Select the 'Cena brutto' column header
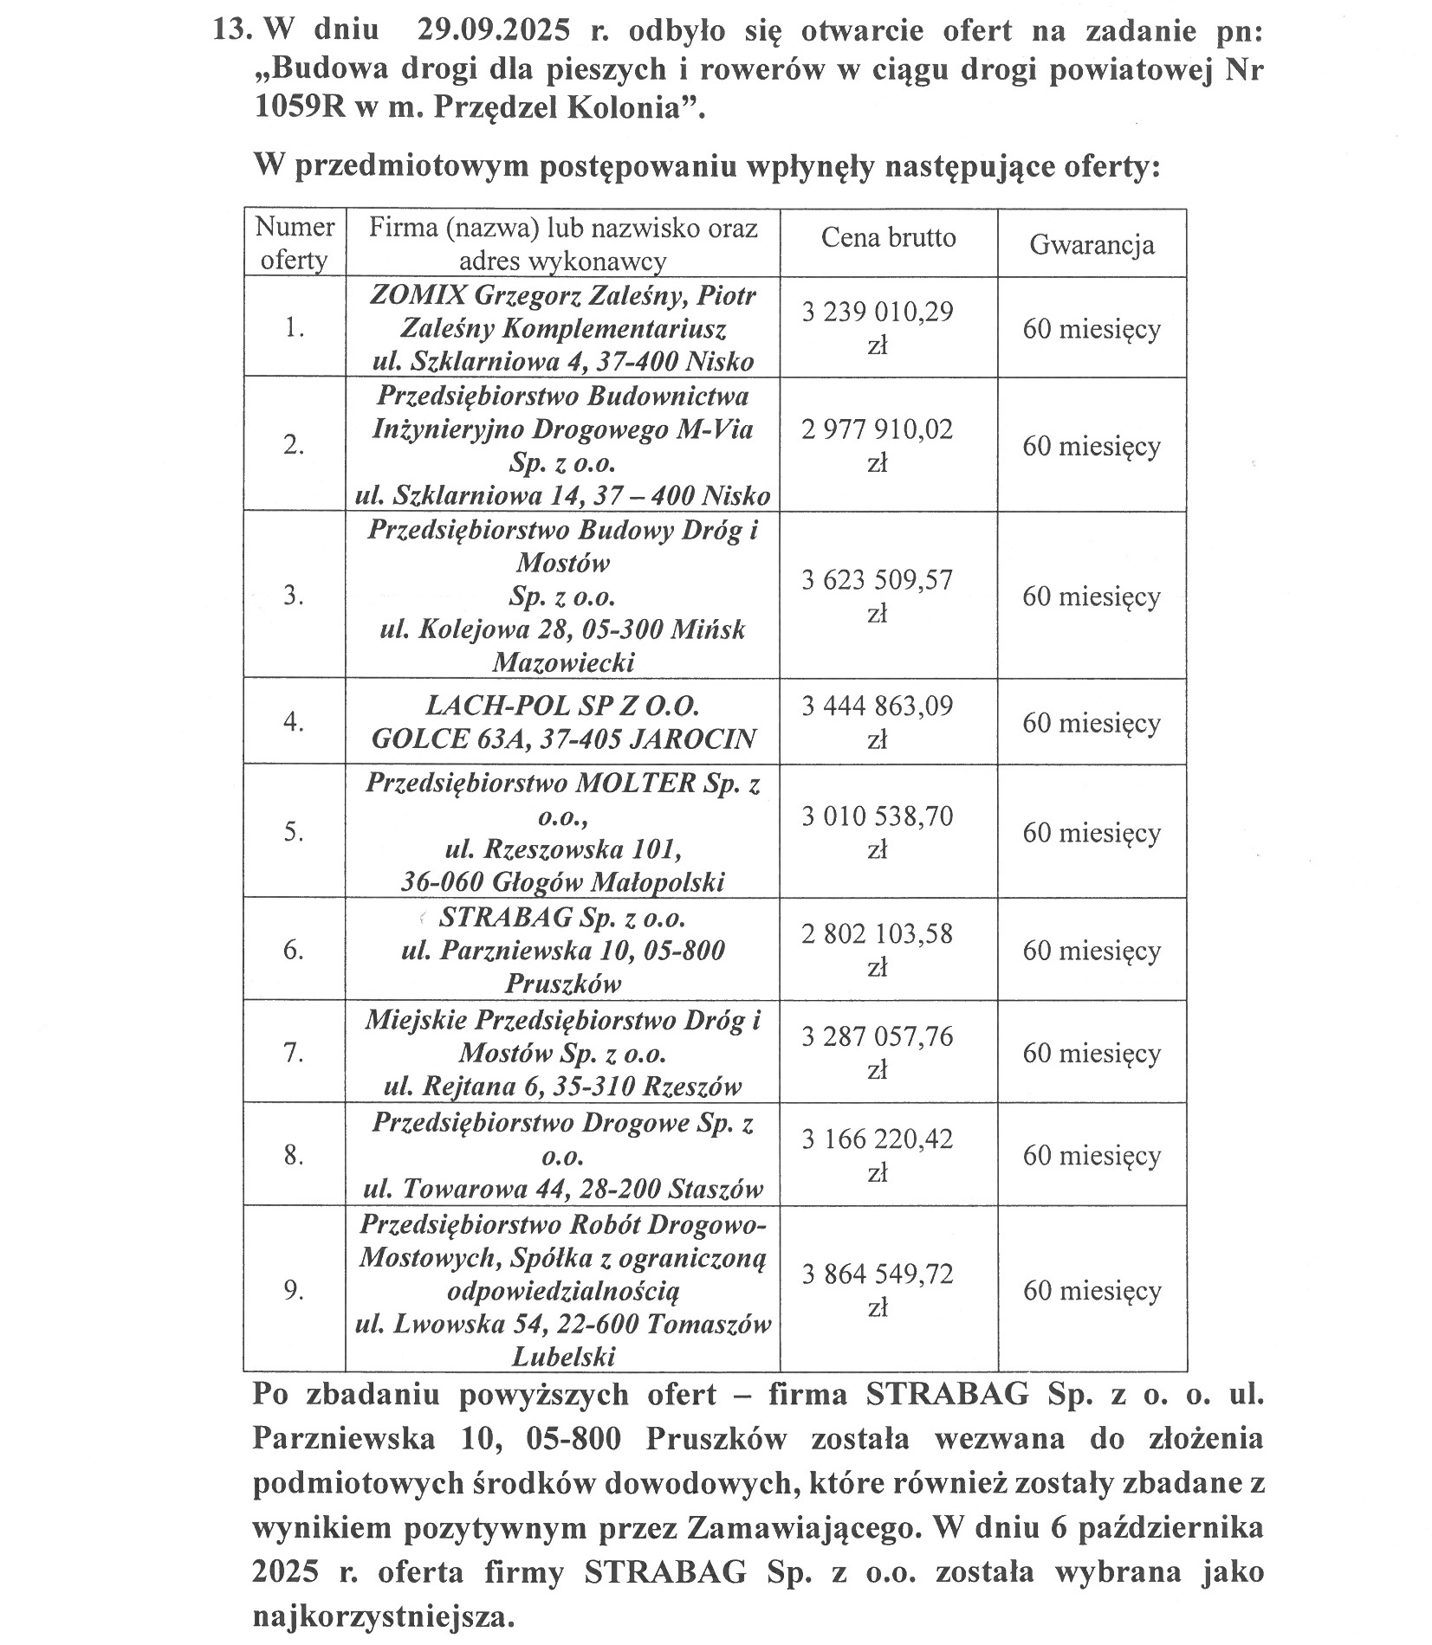pos(888,237)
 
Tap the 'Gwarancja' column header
pos(1092,244)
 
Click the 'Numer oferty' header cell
pos(295,243)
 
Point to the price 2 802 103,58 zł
pos(878,949)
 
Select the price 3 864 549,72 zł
pos(878,1289)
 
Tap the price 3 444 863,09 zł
pos(878,721)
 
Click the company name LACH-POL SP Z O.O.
pos(562,706)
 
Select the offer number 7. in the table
pos(294,1052)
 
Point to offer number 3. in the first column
pos(294,596)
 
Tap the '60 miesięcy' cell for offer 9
pos(1092,1290)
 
